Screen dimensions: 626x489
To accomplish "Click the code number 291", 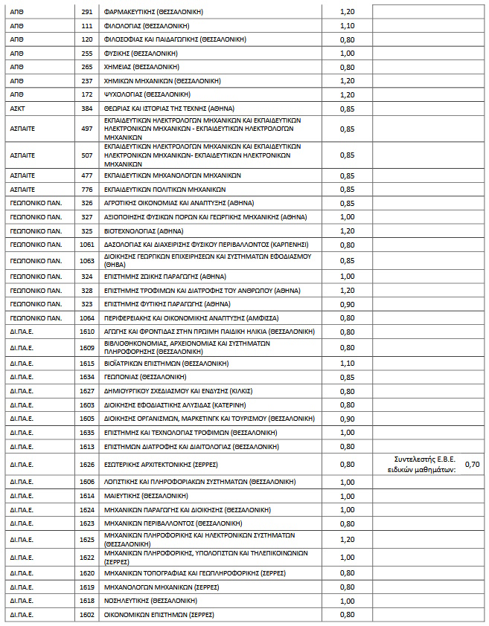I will click(87, 12).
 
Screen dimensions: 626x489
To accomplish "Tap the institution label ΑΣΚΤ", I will click(18, 109).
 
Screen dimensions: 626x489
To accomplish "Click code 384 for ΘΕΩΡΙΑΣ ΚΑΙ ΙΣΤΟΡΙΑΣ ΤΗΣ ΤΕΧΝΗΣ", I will click(87, 109).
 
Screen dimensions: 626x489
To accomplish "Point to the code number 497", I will click(87, 129).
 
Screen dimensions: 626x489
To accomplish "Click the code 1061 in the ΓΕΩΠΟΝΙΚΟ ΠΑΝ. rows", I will click(87, 244).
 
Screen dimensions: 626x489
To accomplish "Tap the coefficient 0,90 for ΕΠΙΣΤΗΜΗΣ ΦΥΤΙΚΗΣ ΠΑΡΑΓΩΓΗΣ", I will click(347, 304).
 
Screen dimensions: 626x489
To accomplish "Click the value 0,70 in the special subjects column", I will click(473, 464).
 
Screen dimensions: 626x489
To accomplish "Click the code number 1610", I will click(87, 331).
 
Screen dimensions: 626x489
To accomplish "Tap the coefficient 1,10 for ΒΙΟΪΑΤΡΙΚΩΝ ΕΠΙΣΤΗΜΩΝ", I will click(347, 364).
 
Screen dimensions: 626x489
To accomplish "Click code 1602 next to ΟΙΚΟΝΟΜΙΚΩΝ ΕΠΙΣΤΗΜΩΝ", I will click(87, 615).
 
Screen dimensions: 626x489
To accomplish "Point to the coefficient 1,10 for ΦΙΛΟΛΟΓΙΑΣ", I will click(347, 25).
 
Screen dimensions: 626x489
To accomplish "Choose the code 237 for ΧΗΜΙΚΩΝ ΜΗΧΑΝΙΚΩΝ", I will click(87, 80).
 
